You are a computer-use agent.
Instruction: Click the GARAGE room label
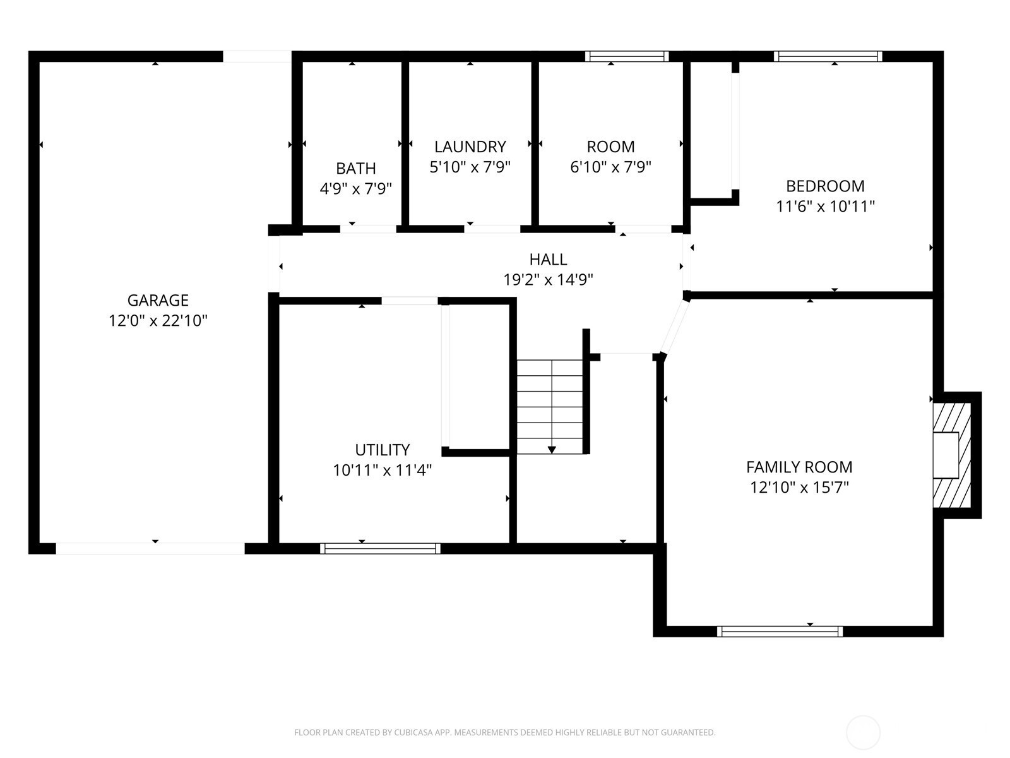158,300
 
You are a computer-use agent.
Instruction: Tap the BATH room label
355,169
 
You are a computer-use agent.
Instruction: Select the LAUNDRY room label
470,147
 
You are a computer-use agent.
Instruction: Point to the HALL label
548,260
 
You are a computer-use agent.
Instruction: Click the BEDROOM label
825,186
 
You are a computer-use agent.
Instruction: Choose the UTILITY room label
383,450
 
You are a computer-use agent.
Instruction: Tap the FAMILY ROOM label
799,467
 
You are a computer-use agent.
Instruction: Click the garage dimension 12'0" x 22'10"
158,321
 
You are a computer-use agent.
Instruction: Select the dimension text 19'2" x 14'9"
548,280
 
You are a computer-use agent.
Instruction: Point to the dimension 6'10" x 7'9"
610,167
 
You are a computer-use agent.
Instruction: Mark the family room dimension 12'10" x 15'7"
799,488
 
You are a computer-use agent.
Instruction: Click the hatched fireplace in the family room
951,455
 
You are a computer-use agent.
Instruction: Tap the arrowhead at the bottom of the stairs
552,450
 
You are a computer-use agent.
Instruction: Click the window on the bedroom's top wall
828,56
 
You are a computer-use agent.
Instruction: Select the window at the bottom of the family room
780,632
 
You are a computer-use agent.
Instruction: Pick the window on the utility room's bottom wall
380,548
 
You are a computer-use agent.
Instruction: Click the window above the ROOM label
627,56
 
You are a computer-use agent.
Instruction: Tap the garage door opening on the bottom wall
150,548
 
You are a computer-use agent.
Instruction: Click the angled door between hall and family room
675,327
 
